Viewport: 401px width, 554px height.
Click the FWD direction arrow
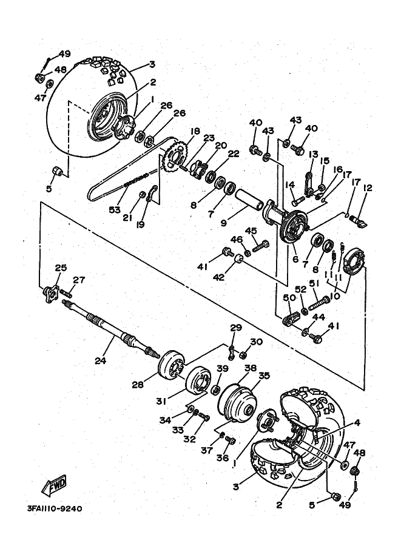(54, 485)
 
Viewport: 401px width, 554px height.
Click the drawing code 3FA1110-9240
(54, 508)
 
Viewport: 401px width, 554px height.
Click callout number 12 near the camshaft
(366, 188)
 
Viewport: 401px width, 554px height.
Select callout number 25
(60, 268)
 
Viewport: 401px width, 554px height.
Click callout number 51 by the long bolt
(314, 282)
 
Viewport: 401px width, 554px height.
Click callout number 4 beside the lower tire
(357, 423)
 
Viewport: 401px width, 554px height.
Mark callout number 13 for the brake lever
(313, 154)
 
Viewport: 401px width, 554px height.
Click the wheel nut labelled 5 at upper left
(58, 171)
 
